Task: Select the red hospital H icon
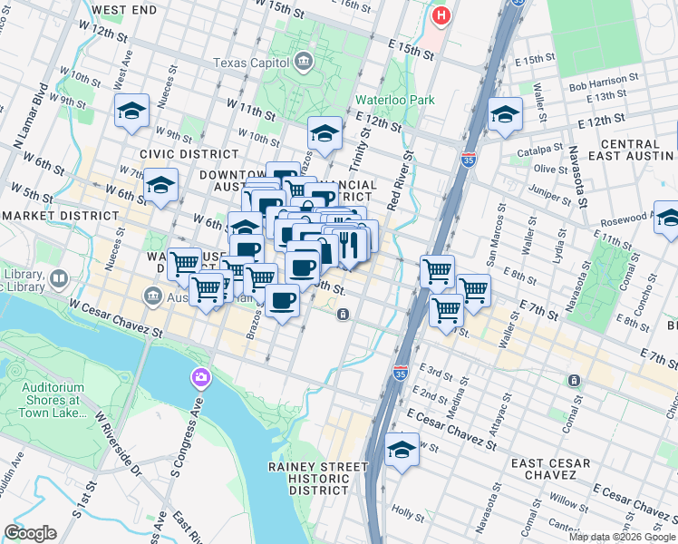[x=441, y=15]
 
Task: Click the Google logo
[x=30, y=533]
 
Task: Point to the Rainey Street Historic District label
[x=318, y=478]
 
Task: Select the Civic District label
[x=176, y=154]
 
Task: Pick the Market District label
[x=60, y=216]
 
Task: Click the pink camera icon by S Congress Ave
[x=200, y=376]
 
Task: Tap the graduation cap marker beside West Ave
[x=132, y=112]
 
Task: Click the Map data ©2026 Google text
[x=622, y=537]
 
